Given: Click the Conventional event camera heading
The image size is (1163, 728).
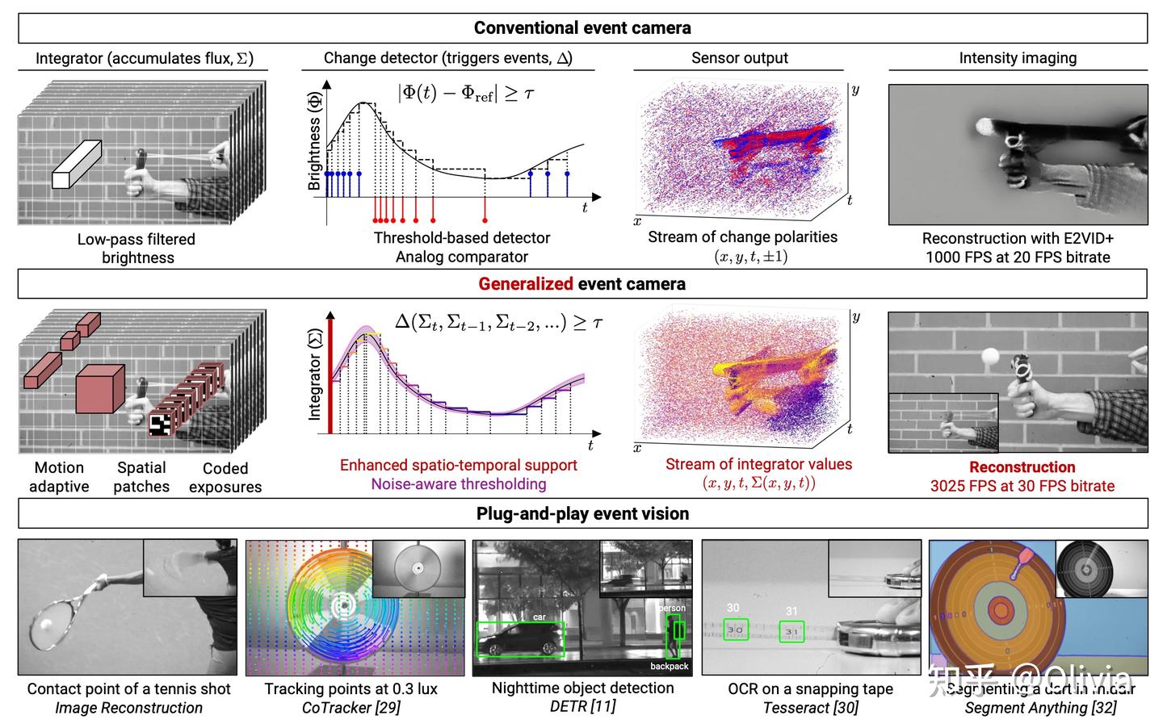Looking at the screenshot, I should [582, 28].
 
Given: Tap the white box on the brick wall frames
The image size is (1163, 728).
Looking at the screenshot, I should [77, 165].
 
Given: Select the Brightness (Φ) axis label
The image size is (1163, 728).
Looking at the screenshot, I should [314, 141].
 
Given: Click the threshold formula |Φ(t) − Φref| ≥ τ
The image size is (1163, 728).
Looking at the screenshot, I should [466, 93].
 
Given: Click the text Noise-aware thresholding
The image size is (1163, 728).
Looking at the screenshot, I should [458, 484].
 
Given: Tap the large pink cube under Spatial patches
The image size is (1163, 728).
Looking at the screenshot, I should [99, 389].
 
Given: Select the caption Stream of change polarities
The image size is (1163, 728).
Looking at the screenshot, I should [742, 237].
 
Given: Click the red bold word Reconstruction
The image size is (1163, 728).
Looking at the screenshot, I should [1022, 467].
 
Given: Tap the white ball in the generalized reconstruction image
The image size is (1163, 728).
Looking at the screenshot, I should [990, 357].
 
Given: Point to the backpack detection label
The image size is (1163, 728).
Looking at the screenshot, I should [669, 666].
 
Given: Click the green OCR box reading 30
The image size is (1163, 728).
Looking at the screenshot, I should [735, 630].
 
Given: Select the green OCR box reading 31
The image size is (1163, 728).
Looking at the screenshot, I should [791, 631].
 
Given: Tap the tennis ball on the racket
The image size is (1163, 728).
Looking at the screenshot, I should [44, 624].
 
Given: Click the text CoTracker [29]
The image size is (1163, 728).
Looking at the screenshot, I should [351, 708].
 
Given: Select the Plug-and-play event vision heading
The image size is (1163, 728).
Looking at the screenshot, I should [582, 514].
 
